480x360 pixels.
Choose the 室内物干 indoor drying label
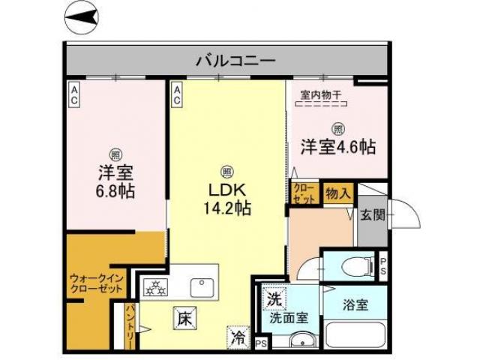321,94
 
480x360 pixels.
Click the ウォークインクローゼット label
96,283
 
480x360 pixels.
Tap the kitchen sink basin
202,286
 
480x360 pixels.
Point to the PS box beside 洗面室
261,344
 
